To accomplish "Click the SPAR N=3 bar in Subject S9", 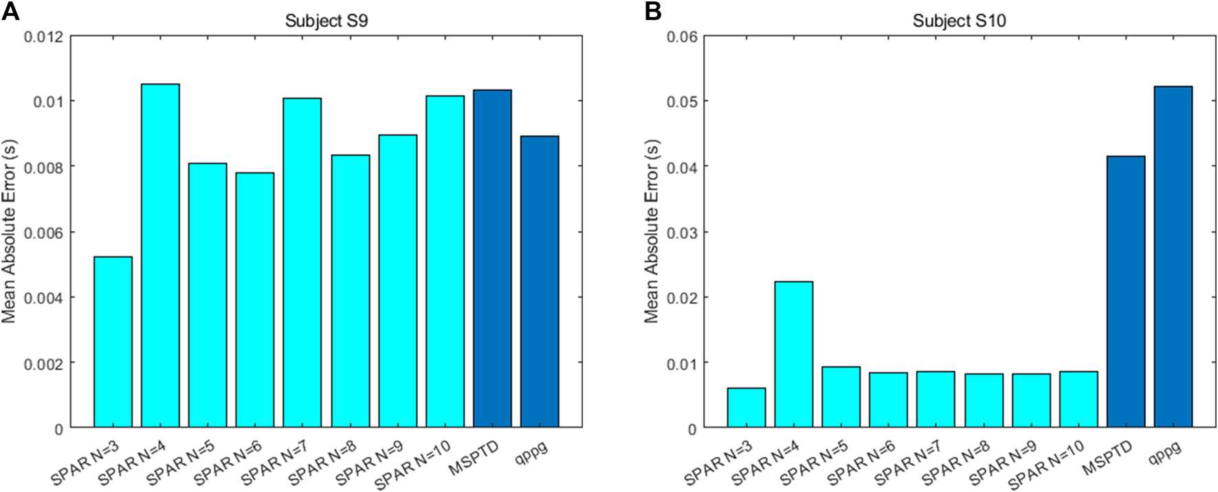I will coord(113,342).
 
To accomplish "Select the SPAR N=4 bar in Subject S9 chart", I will coord(160,255).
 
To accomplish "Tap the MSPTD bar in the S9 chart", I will coord(492,259).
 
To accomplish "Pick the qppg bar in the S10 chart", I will coord(1173,257).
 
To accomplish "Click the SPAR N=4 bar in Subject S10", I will coord(794,354).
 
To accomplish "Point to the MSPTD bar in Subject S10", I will coord(1126,292).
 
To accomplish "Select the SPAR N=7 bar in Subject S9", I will coord(302,263).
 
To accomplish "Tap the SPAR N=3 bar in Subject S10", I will coord(746,407).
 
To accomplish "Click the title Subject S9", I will coord(326,21).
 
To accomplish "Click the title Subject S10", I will coord(959,21).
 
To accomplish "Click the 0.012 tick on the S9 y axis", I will coord(43,36).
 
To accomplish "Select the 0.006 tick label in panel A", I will coord(43,233).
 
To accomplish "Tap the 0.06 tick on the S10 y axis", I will coord(682,36).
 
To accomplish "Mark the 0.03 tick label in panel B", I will coord(682,233).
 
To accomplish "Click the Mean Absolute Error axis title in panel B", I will coord(651,231).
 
